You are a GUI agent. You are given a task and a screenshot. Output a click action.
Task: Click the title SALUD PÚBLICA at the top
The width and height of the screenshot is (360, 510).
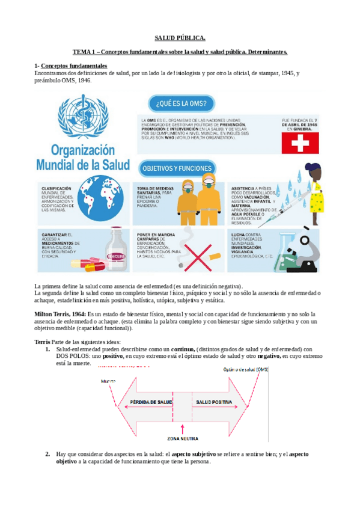click(180, 37)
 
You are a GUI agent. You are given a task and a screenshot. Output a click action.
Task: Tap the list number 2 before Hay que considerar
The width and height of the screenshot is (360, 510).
click(47, 453)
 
